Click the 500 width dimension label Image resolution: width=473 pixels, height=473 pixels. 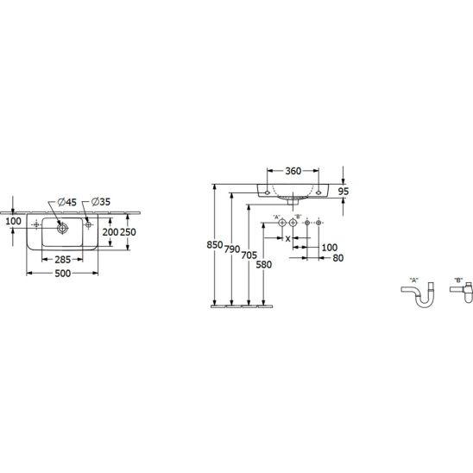[x=63, y=274]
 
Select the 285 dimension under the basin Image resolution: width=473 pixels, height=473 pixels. [x=63, y=260]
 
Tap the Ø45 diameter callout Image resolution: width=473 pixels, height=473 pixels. [x=67, y=202]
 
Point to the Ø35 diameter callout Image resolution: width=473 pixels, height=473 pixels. [x=101, y=201]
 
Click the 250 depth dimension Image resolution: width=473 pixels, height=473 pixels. [x=129, y=232]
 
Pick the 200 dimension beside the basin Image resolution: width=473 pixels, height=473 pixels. [x=110, y=232]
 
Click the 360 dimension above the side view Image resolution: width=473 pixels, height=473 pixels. [x=293, y=171]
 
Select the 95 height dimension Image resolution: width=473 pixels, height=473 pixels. [x=344, y=192]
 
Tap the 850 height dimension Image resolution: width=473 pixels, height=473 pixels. [x=215, y=244]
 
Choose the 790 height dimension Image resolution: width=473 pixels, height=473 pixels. [x=232, y=249]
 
